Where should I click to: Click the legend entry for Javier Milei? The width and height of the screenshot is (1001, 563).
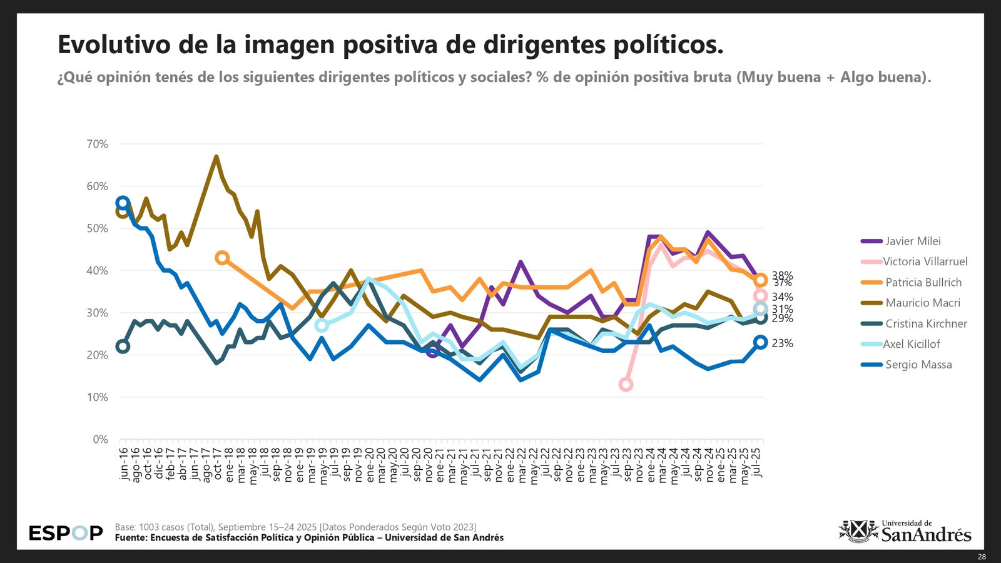click(913, 241)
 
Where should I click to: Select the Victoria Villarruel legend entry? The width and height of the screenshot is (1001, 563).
click(925, 261)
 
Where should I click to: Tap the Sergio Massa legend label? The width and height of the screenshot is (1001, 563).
click(918, 365)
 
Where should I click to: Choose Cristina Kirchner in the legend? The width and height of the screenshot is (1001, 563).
click(926, 323)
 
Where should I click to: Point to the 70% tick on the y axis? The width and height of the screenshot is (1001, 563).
click(97, 144)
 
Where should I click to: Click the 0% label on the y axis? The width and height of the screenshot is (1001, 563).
click(100, 439)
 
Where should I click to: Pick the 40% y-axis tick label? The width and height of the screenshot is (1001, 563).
click(97, 271)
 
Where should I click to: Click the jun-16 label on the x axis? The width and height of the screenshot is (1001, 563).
click(124, 464)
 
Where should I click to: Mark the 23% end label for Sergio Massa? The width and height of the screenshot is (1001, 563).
click(782, 343)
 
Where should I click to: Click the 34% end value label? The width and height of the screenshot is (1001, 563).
click(782, 297)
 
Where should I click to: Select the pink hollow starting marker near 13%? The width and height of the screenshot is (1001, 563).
click(626, 385)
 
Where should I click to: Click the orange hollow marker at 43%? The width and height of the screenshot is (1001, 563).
click(221, 258)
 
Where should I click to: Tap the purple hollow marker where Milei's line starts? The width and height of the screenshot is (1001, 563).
click(432, 352)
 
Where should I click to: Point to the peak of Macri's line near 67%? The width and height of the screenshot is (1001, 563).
click(216, 157)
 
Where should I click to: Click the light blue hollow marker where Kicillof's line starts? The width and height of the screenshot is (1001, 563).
click(322, 325)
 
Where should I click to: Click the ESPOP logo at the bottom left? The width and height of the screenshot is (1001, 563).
click(66, 533)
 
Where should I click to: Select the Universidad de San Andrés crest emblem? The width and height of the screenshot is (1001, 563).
click(858, 531)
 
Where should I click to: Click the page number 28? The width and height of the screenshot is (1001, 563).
click(982, 557)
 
